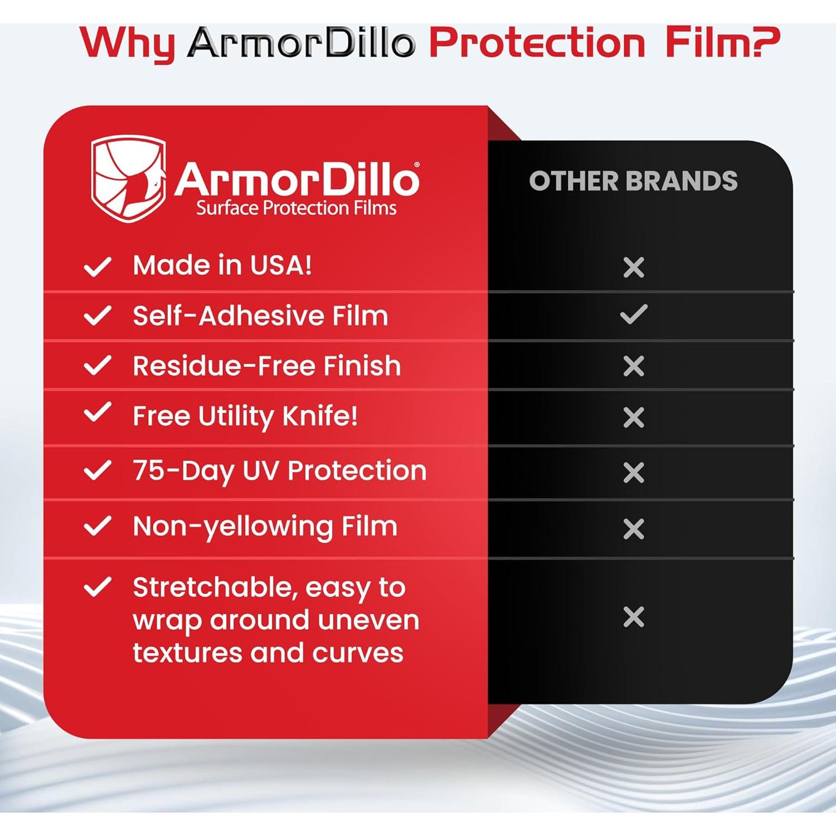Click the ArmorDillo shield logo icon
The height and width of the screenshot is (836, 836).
click(129, 178)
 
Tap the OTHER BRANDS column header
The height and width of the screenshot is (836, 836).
click(633, 181)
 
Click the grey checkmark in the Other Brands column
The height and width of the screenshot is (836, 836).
click(634, 314)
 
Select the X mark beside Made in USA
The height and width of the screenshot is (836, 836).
click(634, 268)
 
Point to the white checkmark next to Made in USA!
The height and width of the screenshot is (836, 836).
click(98, 266)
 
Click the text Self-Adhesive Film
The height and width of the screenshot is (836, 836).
click(260, 316)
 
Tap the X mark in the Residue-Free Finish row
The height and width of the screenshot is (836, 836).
click(634, 366)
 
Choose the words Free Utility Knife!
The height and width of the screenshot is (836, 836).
click(245, 416)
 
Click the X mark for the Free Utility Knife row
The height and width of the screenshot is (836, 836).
click(634, 417)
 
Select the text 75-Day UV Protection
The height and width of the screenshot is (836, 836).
click(279, 471)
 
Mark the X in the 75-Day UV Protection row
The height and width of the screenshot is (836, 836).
click(634, 473)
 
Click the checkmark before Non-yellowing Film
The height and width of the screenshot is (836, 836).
click(98, 526)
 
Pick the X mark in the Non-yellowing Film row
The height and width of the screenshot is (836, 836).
click(634, 529)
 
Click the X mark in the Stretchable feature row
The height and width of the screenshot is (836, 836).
click(634, 617)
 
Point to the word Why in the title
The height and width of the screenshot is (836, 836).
click(128, 43)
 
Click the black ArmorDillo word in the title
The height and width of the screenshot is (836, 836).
click(302, 43)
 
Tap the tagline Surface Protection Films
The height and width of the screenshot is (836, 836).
click(296, 208)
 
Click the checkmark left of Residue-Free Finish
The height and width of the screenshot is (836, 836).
click(98, 366)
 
